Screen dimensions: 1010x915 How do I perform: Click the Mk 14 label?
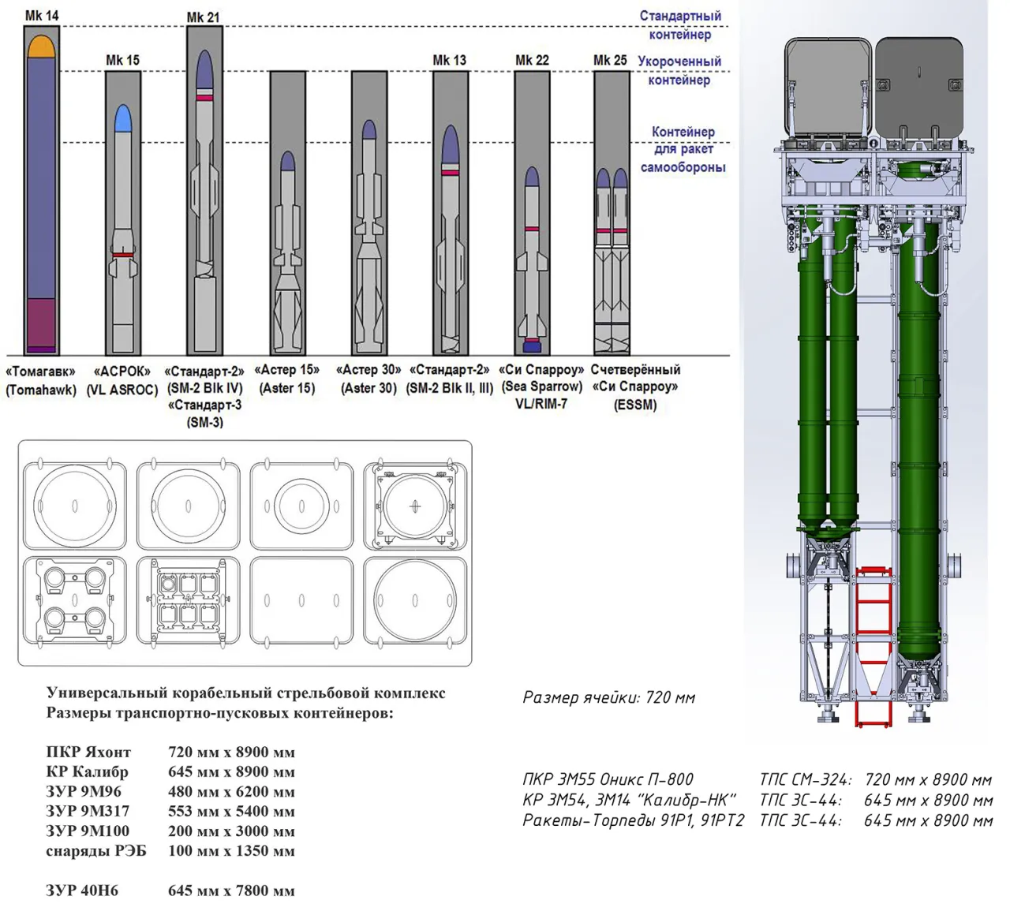point(42,16)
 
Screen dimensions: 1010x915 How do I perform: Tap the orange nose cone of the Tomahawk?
point(41,47)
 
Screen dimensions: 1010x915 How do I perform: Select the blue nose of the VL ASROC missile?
point(123,119)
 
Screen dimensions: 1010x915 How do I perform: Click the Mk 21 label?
point(204,17)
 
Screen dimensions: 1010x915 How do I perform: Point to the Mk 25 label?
point(610,61)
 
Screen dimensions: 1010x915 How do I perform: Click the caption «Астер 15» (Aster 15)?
point(287,379)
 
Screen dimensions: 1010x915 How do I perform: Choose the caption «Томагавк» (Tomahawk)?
point(41,380)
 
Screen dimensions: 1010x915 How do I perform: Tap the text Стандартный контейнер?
point(680,25)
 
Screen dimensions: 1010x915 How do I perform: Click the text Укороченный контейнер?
point(679,70)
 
